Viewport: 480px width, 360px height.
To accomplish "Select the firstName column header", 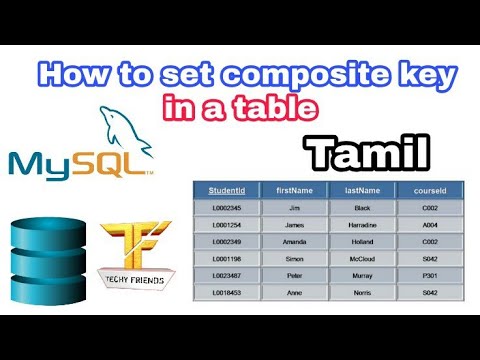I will tap(295, 190).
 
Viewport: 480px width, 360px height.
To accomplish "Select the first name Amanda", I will tap(295, 241).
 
